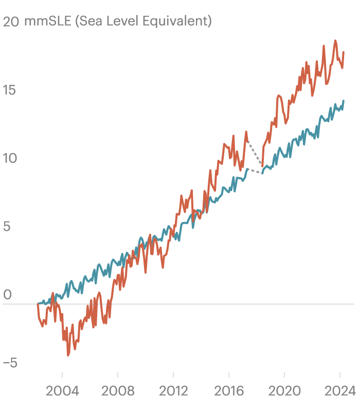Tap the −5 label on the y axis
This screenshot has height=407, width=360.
click(10, 363)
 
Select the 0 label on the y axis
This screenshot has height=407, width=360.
click(7, 295)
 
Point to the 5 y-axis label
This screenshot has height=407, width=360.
click(7, 226)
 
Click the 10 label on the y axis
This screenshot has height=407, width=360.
click(10, 158)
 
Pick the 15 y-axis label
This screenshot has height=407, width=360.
click(10, 90)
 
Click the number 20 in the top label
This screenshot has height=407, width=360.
click(11, 22)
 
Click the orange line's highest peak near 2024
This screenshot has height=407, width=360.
click(335, 41)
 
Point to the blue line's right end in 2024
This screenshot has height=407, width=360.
click(343, 101)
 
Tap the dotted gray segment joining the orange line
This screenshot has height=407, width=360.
click(255, 153)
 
